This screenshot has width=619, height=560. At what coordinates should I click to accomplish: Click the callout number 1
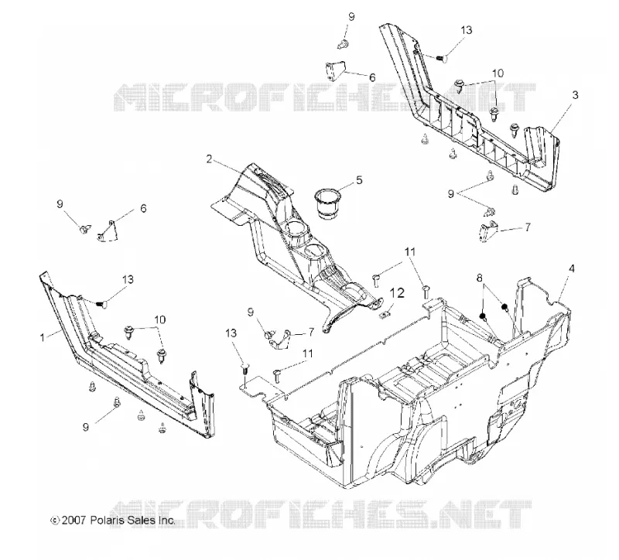[43, 338]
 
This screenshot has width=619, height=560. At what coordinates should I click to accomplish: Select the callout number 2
[209, 159]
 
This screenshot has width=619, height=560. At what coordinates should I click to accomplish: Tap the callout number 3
[575, 95]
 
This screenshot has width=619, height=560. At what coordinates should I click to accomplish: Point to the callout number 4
[571, 268]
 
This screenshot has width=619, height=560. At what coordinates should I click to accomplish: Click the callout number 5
[359, 180]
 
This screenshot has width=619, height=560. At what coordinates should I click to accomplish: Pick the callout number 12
[398, 293]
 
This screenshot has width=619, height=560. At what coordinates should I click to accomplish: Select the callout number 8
[479, 278]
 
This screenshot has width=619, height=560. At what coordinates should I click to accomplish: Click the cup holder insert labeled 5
[327, 203]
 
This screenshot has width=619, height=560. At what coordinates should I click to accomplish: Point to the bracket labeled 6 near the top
[335, 70]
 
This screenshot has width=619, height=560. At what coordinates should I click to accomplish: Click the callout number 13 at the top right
[466, 30]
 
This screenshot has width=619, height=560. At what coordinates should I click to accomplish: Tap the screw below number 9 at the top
[344, 43]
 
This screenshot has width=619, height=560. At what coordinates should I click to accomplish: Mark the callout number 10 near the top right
[498, 73]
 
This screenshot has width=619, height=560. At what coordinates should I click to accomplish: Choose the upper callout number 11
[410, 251]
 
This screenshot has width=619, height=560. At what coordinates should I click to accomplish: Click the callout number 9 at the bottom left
[86, 427]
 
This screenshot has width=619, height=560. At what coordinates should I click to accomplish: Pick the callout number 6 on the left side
[143, 208]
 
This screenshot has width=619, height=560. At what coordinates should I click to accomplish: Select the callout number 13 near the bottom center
[231, 333]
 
